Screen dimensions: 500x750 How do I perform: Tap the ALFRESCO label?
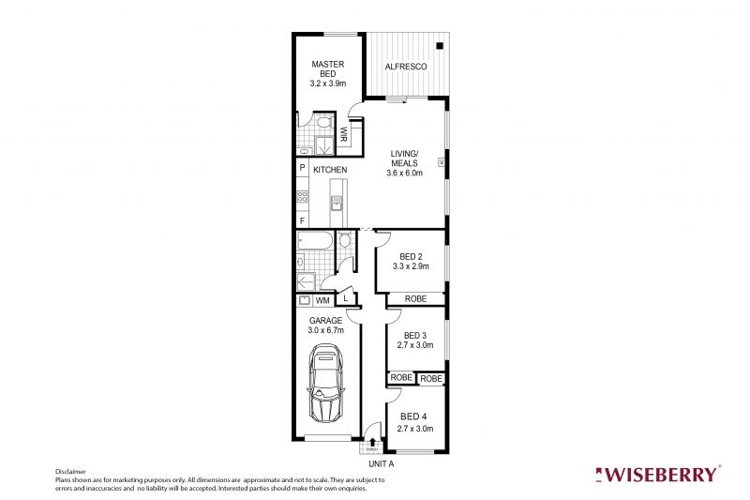(x=407, y=68)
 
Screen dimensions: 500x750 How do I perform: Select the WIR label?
(x=344, y=135)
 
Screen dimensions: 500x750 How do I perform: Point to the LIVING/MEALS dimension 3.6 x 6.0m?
(x=405, y=173)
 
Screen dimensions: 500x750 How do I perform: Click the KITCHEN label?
(x=330, y=170)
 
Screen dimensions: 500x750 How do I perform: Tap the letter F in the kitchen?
(x=303, y=220)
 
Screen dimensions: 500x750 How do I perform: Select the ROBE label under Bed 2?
(x=414, y=298)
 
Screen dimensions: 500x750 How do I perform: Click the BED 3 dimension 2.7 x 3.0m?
(x=416, y=346)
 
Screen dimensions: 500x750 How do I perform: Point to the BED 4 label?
(x=413, y=417)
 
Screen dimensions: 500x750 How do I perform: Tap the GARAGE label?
(x=326, y=320)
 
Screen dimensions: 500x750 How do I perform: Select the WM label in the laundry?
(x=322, y=301)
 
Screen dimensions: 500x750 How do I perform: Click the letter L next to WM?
(x=346, y=298)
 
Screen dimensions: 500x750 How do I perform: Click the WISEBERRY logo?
(x=660, y=474)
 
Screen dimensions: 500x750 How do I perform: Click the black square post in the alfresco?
(x=440, y=44)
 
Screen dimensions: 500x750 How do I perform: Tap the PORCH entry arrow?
(x=372, y=440)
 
